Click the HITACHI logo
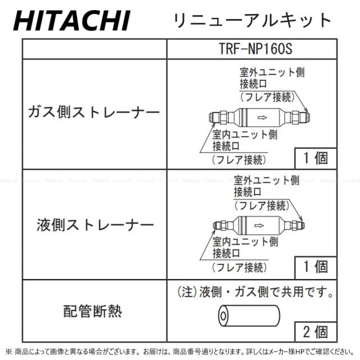coord(71,21)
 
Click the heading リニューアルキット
coord(253,20)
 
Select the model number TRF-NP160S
coord(255,48)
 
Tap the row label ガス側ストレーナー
coord(94,112)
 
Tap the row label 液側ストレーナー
coord(94,226)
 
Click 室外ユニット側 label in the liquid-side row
coord(267,181)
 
